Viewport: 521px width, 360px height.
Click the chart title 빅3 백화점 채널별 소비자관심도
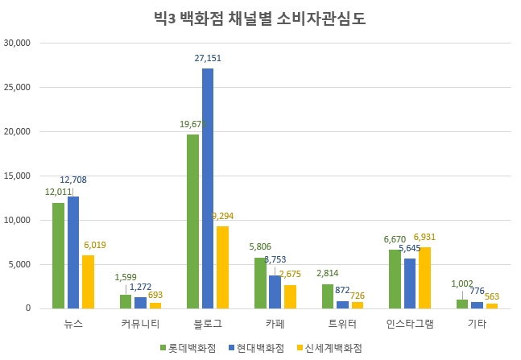point(259,17)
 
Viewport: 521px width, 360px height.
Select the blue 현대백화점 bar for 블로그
point(208,188)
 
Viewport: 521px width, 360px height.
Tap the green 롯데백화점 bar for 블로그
point(193,221)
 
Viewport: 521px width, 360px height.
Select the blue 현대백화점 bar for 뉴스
point(73,252)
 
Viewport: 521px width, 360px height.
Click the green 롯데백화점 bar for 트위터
point(328,296)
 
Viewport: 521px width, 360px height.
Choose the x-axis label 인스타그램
point(409,324)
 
